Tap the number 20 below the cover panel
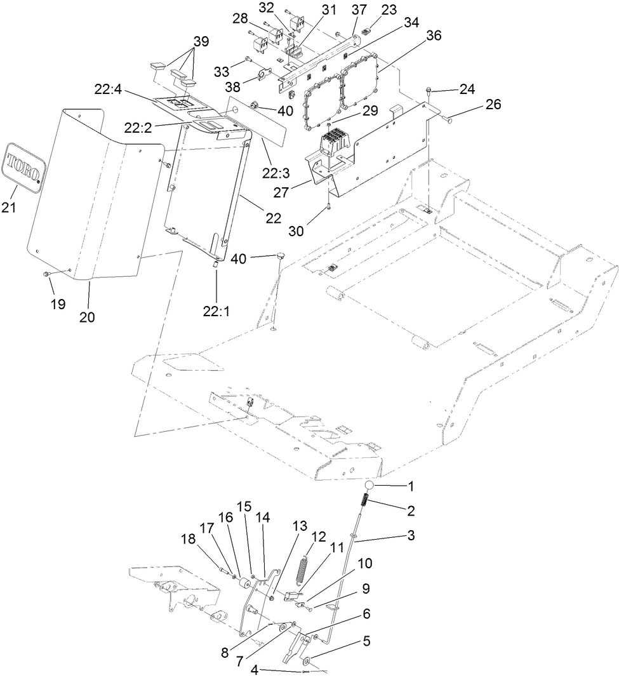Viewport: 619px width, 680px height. (x=87, y=317)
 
